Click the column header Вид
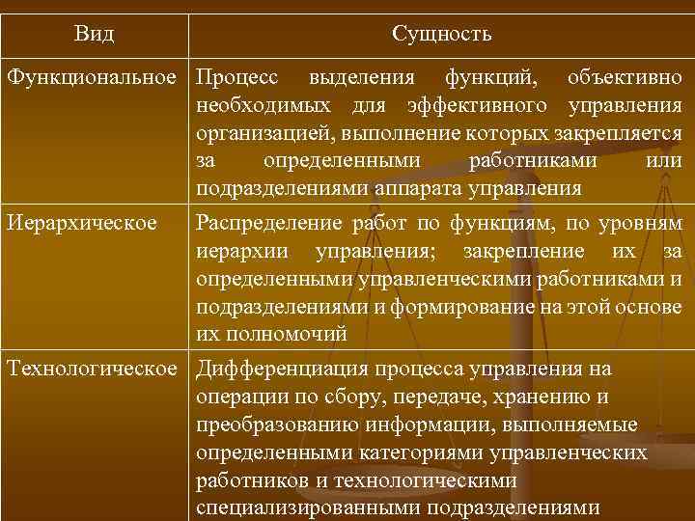94,35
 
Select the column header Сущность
442,35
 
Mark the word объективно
624,76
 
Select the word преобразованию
269,425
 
